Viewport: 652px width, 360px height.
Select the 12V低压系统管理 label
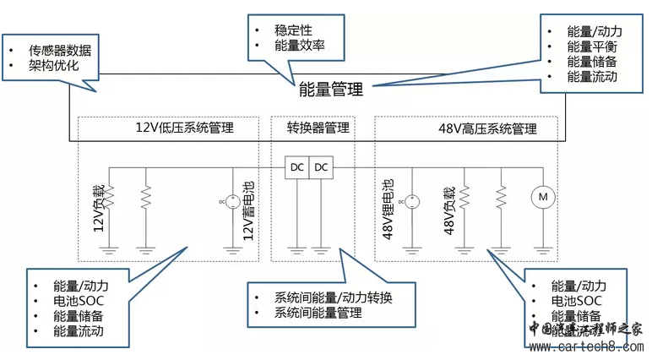click(185, 129)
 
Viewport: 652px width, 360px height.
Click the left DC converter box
click(296, 167)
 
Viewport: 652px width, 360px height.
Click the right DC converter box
click(321, 167)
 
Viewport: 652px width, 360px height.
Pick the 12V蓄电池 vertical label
click(248, 209)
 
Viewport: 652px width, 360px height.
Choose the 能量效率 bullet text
click(301, 46)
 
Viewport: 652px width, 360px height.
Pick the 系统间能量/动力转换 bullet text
click(333, 297)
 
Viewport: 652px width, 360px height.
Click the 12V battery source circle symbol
click(231, 202)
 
